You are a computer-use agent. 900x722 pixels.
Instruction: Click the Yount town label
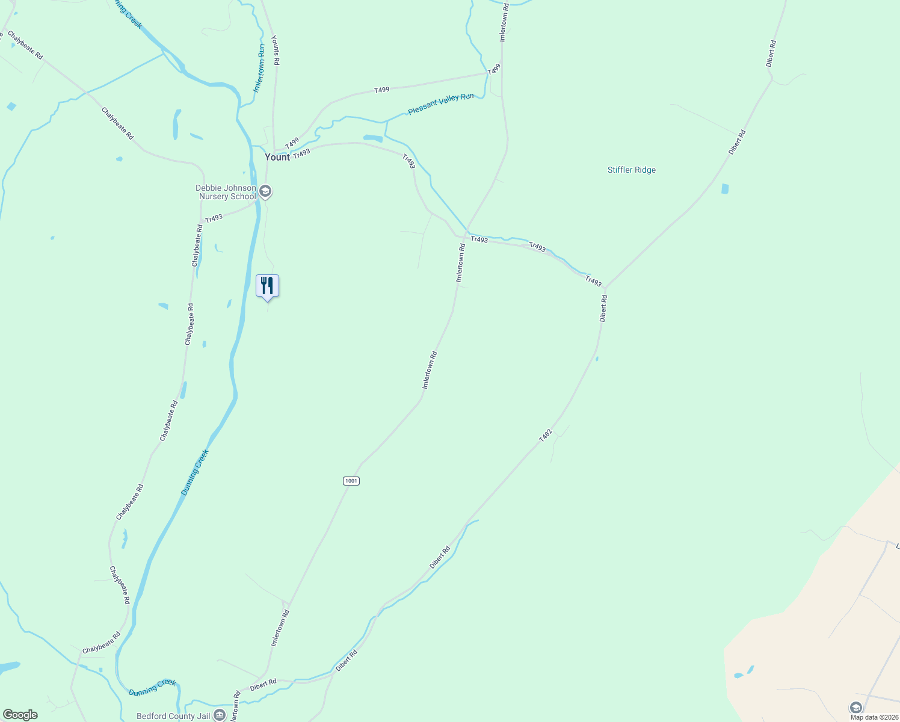tap(277, 157)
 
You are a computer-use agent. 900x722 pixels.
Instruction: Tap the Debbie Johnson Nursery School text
tap(226, 193)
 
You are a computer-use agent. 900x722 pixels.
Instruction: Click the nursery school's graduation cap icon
tap(265, 192)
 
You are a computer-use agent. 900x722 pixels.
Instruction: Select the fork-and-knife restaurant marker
tap(267, 286)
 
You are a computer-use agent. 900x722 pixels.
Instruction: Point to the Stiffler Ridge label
tap(631, 170)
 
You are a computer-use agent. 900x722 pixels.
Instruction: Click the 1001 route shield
tap(351, 481)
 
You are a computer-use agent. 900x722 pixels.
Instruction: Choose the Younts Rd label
tap(276, 51)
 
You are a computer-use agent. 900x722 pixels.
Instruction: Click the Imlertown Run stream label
tap(259, 67)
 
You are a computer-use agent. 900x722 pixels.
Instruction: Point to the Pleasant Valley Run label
tap(440, 103)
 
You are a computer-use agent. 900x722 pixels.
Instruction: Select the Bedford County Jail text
tap(173, 716)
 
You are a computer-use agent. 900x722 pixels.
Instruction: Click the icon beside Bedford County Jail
tap(220, 715)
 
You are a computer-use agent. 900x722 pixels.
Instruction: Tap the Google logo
tap(20, 715)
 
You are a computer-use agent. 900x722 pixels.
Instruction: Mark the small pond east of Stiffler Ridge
tap(725, 189)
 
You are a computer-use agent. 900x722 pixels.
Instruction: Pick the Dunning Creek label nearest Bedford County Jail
tap(152, 687)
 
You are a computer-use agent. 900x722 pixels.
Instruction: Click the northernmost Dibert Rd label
tap(771, 54)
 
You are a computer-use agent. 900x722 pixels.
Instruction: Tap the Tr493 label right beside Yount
tap(301, 153)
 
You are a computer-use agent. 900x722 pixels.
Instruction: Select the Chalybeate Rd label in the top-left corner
tap(25, 45)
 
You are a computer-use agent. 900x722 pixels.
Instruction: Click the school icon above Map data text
tap(855, 707)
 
